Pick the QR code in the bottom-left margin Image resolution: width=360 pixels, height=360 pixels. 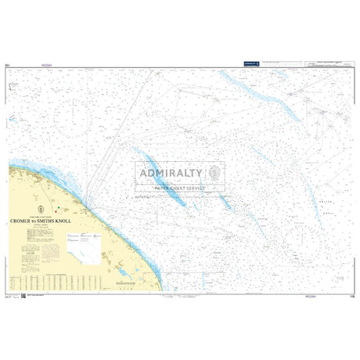click(x=23, y=295)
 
